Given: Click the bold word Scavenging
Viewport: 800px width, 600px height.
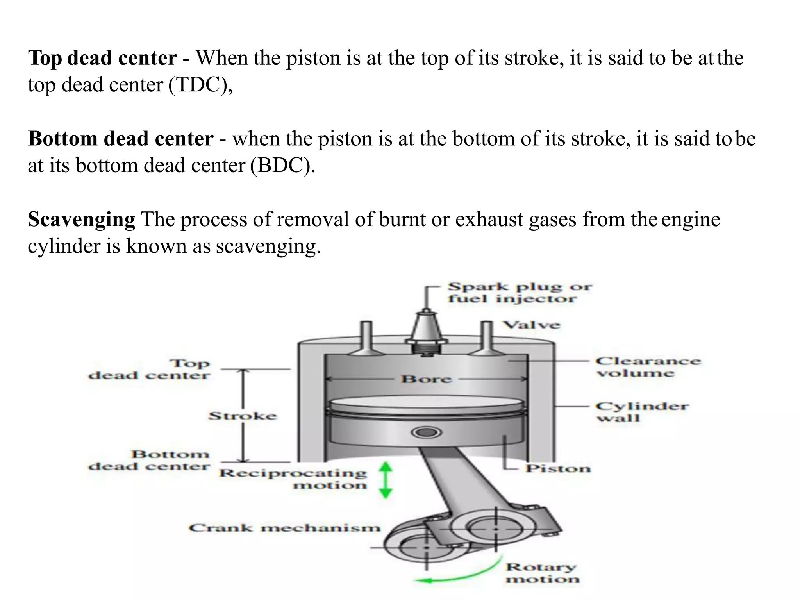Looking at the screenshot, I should coord(81,220).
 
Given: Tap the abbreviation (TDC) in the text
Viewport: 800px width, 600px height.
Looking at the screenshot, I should coord(200,85).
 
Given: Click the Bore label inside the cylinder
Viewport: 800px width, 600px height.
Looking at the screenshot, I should coord(426,379).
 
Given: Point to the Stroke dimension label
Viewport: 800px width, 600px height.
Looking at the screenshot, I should coord(243,416).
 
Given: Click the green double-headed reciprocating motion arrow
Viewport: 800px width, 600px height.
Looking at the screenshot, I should coord(386,480).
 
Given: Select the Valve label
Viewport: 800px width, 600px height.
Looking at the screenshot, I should coord(531,325).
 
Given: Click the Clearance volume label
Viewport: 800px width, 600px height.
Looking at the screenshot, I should coord(648,367).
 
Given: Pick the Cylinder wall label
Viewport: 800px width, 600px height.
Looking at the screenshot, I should coord(641,412).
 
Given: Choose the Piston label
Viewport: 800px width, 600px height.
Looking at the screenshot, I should coord(557,468).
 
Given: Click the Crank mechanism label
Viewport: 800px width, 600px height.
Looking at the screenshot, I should coord(284,528).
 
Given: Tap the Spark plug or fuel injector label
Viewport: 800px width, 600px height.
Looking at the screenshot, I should coord(519,293).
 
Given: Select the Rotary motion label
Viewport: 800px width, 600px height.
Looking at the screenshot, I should coord(542,573).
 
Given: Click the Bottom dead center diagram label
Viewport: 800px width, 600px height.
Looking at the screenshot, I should coord(149,460).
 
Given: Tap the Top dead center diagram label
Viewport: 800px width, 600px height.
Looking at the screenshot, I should coord(149,369).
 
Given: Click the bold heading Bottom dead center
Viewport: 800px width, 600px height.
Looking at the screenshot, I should coord(121,139).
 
